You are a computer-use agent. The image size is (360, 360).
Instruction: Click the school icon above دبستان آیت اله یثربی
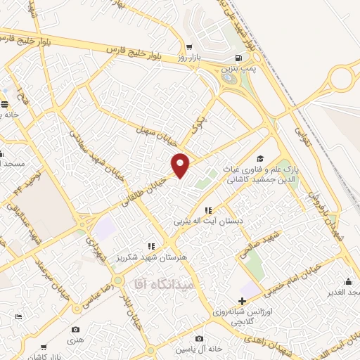208,210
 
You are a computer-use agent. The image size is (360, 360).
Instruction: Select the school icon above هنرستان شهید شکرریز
150,246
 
